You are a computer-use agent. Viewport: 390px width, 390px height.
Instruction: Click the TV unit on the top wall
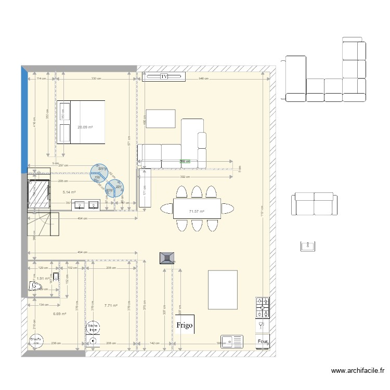[164, 77]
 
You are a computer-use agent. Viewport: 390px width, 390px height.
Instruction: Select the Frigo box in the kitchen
[185, 325]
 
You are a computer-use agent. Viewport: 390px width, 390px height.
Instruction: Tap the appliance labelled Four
[263, 342]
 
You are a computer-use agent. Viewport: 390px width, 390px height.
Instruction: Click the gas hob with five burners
[263, 307]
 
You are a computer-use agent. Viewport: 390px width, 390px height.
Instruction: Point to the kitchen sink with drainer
[232, 342]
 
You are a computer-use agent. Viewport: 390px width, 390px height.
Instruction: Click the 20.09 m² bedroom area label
[85, 127]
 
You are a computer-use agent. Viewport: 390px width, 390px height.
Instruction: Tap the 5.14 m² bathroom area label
[69, 192]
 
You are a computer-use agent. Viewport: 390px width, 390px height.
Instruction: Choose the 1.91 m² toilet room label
[43, 278]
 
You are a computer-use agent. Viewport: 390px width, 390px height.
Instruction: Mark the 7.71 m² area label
[111, 306]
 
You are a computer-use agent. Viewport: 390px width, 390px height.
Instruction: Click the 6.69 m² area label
[59, 314]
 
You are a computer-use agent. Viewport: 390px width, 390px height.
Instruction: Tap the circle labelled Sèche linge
[93, 328]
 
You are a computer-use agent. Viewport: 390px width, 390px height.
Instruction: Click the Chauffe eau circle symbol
[36, 341]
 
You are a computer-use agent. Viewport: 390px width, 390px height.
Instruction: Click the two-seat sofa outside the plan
[315, 204]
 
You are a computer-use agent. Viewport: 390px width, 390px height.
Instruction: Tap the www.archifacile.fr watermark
[358, 371]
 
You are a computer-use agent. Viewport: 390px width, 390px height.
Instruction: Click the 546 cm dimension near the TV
[203, 79]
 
